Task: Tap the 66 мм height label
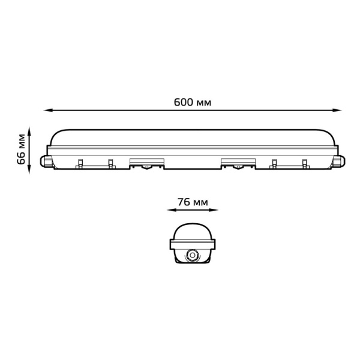[22, 149]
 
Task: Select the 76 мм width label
[193, 202]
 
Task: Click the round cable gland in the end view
[193, 255]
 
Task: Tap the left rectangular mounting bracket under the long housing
[146, 162]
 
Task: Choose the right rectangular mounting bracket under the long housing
[238, 162]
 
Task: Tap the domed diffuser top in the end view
[193, 231]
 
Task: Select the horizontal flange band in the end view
[193, 242]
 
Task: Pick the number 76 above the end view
[184, 202]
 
